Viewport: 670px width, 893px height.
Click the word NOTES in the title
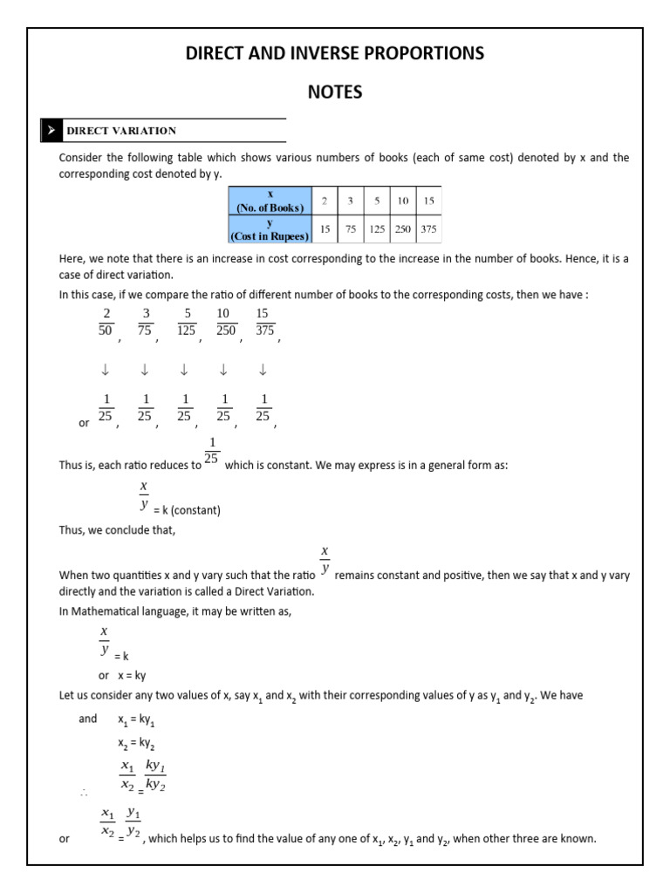(334, 92)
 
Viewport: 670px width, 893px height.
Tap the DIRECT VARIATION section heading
(121, 131)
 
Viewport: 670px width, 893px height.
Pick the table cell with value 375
(428, 229)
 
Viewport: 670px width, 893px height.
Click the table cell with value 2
(325, 201)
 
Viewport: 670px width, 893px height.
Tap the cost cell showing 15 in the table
(325, 229)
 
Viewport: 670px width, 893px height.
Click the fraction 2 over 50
(106, 322)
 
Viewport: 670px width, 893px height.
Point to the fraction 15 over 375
(264, 322)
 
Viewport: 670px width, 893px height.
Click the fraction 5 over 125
(185, 322)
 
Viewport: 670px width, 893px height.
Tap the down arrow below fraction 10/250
(223, 370)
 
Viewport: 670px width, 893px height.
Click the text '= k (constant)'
(187, 511)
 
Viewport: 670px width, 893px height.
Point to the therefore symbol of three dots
(85, 793)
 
